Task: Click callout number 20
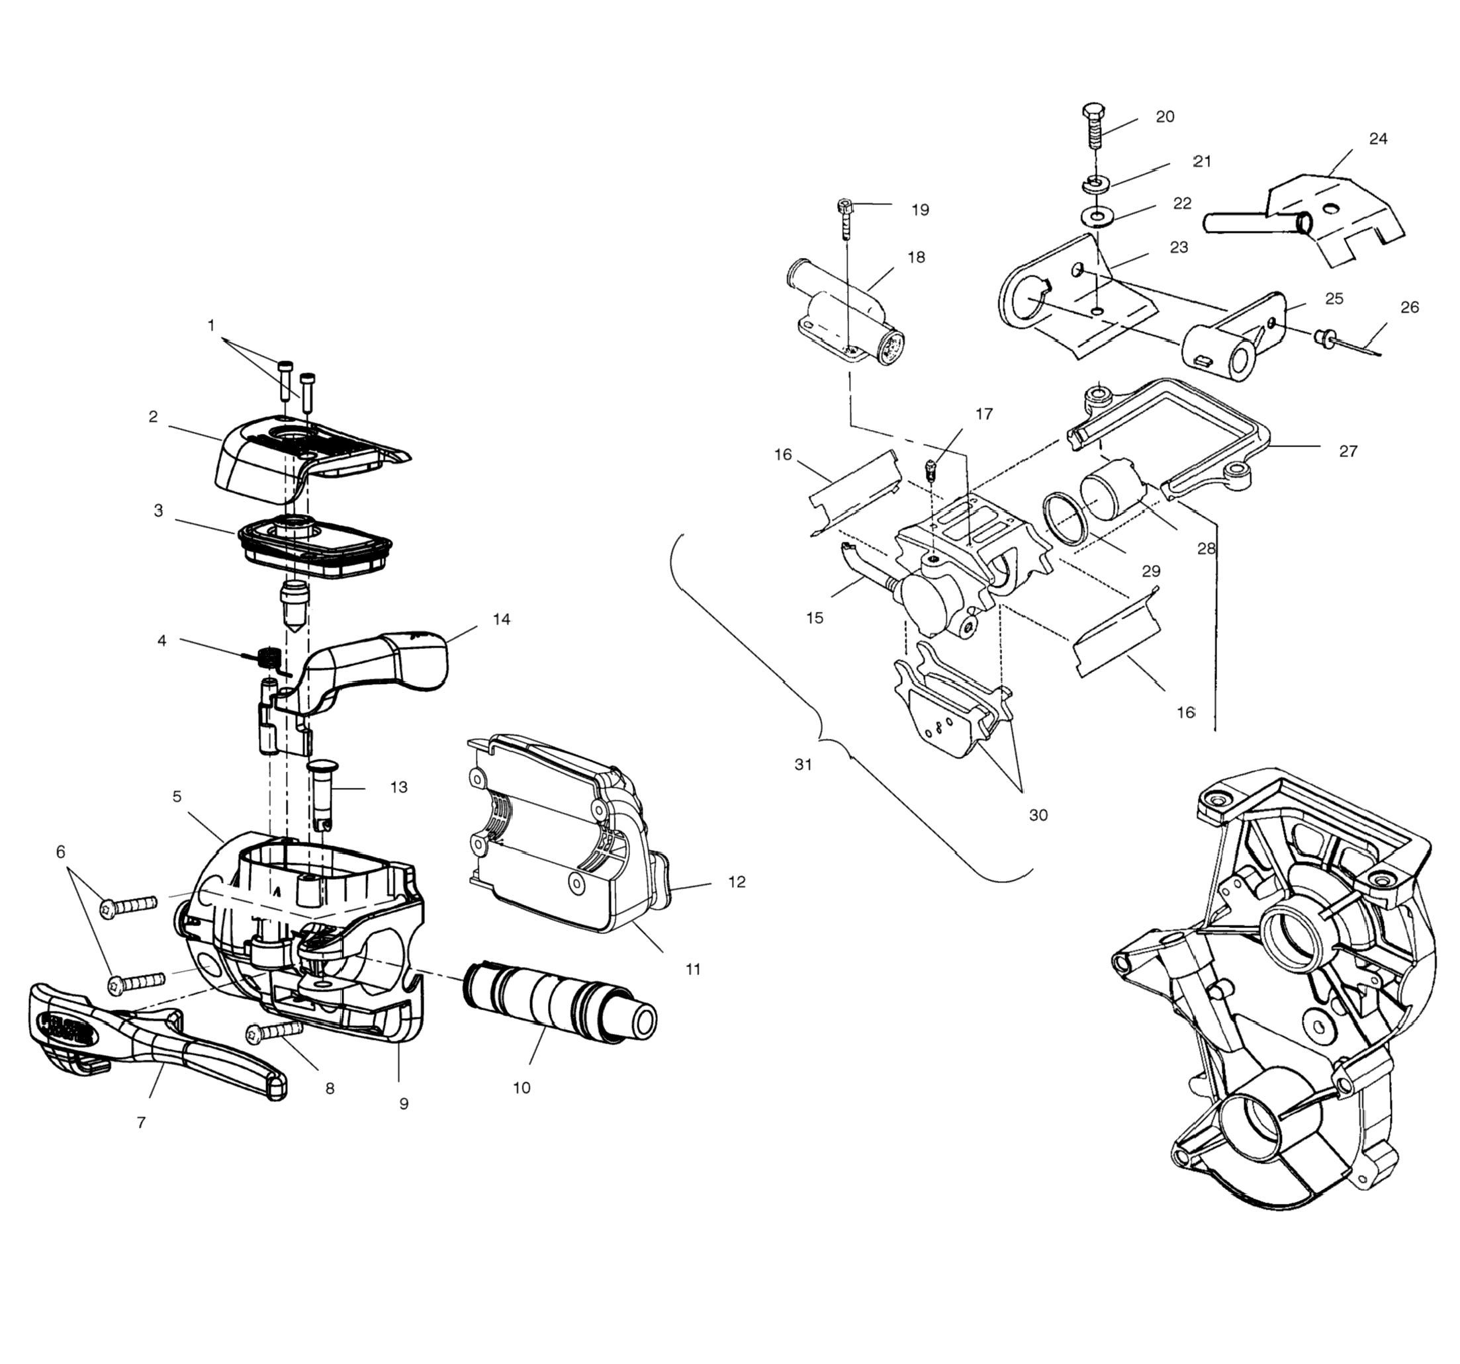click(1165, 116)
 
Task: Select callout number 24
click(1379, 139)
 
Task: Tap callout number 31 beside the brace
click(803, 765)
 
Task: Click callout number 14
click(502, 620)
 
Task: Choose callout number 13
click(399, 788)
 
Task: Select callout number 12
click(737, 882)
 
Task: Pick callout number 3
click(159, 511)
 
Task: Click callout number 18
click(917, 258)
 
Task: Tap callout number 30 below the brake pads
click(1038, 815)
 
